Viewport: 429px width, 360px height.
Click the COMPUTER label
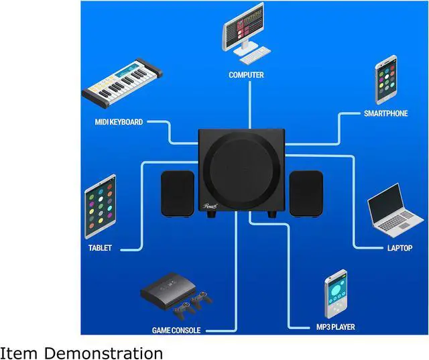click(x=246, y=75)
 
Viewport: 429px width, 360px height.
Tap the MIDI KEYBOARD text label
click(x=119, y=122)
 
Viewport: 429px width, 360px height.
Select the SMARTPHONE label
click(x=385, y=113)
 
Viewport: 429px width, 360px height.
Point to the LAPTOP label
click(x=400, y=248)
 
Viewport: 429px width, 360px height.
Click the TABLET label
click(x=100, y=248)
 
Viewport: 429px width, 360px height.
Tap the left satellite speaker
click(x=178, y=193)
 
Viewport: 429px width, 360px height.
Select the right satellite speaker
click(x=306, y=193)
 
